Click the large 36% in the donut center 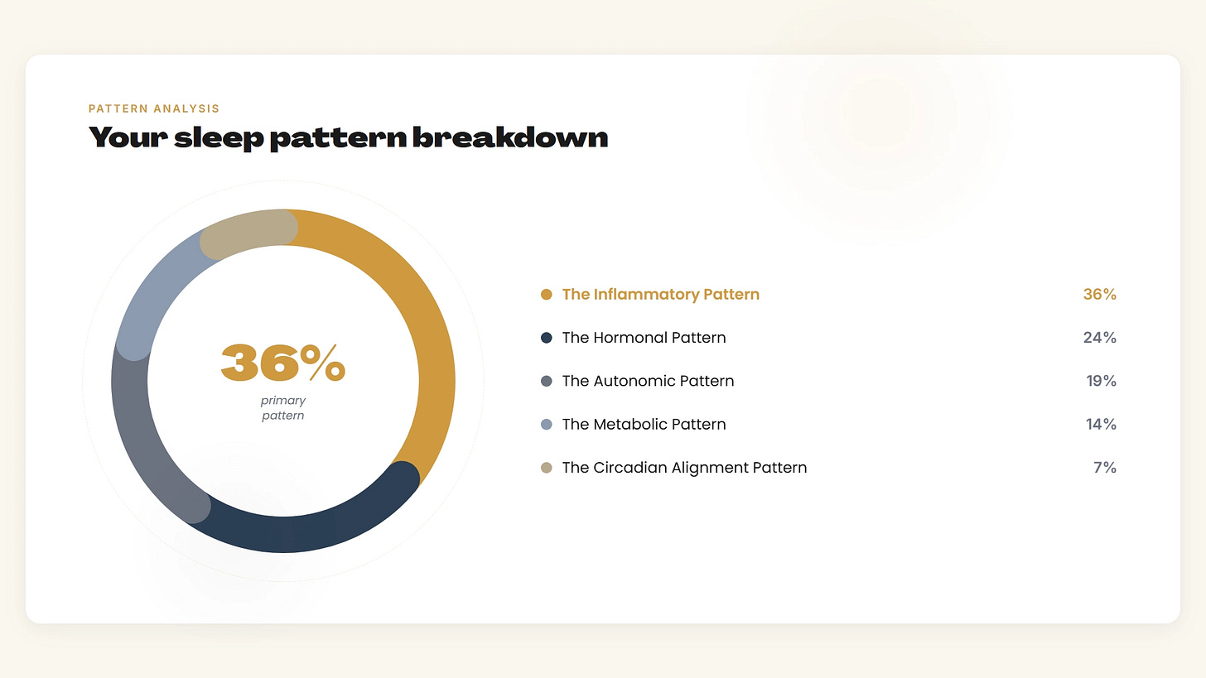(x=283, y=363)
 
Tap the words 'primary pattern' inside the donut (x=283, y=408)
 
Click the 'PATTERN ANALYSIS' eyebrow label (x=154, y=108)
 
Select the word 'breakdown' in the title (x=510, y=137)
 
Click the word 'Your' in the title (x=128, y=137)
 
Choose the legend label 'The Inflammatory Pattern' (x=661, y=295)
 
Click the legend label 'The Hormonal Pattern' (x=644, y=338)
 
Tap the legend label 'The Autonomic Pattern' (x=649, y=381)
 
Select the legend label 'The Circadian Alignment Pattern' (x=684, y=468)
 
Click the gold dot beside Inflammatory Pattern (x=546, y=295)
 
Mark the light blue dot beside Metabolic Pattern (x=546, y=424)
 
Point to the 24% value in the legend (x=1099, y=338)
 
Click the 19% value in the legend (x=1101, y=381)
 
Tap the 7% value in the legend (x=1105, y=468)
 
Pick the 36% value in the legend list (x=1099, y=295)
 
